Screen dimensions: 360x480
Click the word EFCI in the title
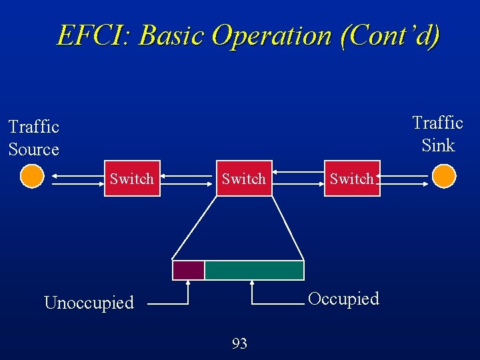tap(93, 35)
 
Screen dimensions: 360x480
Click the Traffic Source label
tap(33, 137)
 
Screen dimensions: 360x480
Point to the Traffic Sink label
tap(437, 133)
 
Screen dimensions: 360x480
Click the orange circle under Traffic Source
tap(31, 177)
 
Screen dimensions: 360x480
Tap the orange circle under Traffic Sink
tap(443, 177)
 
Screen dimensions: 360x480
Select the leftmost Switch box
tap(132, 178)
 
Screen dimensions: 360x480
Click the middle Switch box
tap(243, 178)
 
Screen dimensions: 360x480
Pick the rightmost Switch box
tap(352, 178)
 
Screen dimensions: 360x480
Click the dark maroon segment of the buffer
tap(188, 270)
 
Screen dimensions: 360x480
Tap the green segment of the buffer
tap(254, 270)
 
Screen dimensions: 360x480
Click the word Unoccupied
tap(89, 303)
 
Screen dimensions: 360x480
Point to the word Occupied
tap(343, 299)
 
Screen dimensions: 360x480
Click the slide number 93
tap(239, 343)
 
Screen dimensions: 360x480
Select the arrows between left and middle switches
tap(188, 178)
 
